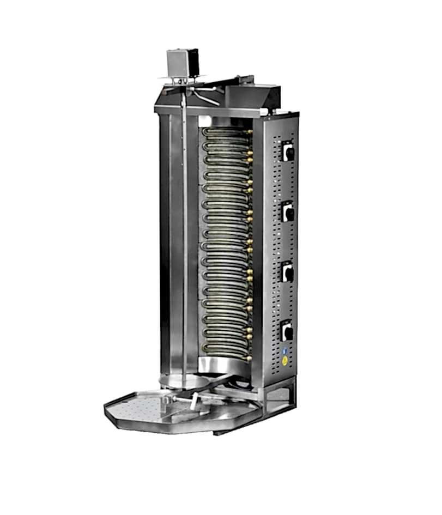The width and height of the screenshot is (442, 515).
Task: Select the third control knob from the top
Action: pos(288,272)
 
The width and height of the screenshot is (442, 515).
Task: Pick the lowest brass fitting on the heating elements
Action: pos(249,359)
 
